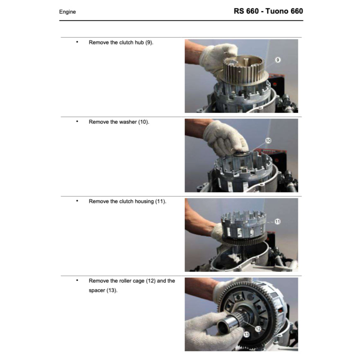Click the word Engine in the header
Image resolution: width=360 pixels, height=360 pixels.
67,12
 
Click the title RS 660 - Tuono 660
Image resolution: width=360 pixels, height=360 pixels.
268,11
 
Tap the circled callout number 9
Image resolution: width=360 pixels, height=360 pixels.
278,60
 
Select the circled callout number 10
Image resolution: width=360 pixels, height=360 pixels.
268,141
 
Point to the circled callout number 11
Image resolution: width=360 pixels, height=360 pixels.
278,221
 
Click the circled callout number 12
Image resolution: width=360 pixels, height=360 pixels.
258,329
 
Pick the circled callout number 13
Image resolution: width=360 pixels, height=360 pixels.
247,334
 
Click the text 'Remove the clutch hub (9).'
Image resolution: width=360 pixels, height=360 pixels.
121,43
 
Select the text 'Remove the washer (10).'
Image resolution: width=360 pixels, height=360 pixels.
119,122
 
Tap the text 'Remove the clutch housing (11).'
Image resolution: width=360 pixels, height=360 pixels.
127,202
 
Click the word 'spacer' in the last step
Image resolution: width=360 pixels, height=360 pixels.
97,290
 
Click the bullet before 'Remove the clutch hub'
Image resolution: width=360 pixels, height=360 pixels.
77,42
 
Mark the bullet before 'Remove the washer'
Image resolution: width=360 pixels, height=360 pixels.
77,121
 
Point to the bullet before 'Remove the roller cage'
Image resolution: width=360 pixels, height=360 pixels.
77,280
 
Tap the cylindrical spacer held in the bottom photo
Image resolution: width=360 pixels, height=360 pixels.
228,323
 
